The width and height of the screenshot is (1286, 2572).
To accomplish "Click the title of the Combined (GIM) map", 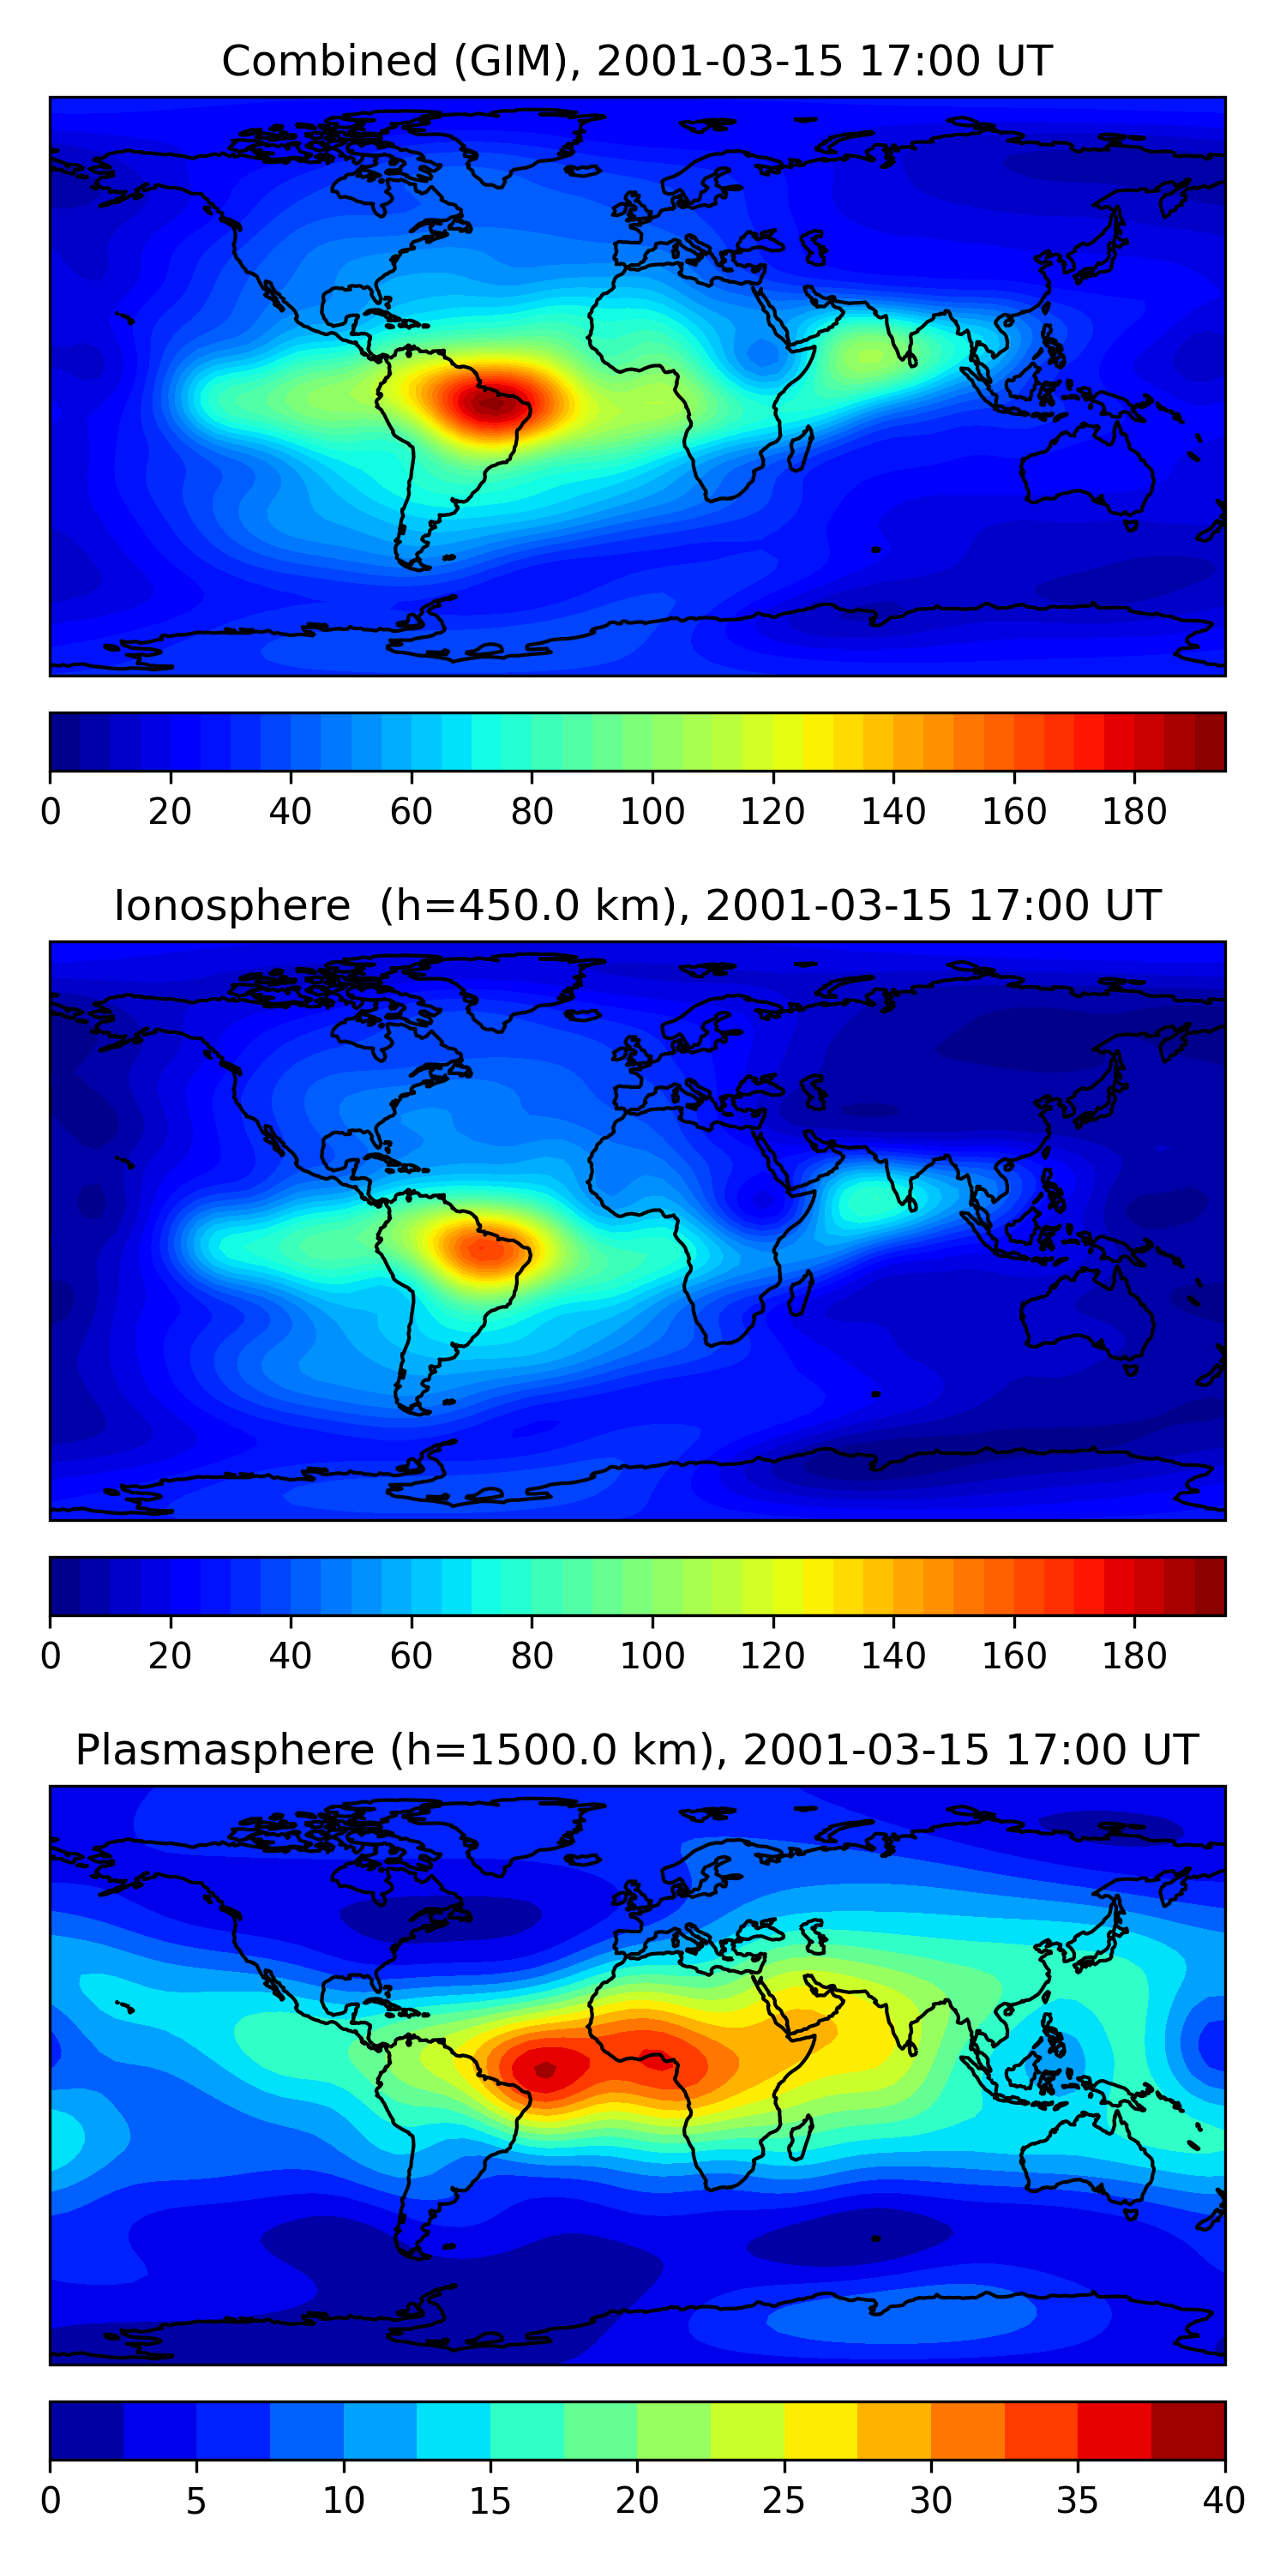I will point(636,61).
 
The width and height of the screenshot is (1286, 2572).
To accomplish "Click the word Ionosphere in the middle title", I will point(231,905).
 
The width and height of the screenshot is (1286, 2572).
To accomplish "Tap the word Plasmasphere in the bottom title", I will point(225,1751).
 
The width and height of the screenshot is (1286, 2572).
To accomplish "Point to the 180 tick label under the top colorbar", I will point(1134,812).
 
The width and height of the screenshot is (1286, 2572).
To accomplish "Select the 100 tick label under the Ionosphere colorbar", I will point(652,1656).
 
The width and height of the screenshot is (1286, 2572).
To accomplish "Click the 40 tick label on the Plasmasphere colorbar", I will point(1223,2501).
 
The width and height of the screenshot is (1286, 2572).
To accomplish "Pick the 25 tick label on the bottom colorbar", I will point(784,2501).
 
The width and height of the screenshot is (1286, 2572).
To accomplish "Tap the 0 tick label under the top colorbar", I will point(51,812).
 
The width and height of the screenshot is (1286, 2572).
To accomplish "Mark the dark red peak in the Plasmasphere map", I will point(544,2070).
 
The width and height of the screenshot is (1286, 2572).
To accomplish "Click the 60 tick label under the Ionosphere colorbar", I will point(412,1656).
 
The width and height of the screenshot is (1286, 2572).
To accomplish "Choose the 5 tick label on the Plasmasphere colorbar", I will point(196,2501).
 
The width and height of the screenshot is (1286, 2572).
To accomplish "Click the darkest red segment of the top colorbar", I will point(1210,742).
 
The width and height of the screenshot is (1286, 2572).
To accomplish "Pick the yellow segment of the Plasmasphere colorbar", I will point(820,2431).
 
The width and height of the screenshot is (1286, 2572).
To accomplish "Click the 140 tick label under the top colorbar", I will point(893,812).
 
